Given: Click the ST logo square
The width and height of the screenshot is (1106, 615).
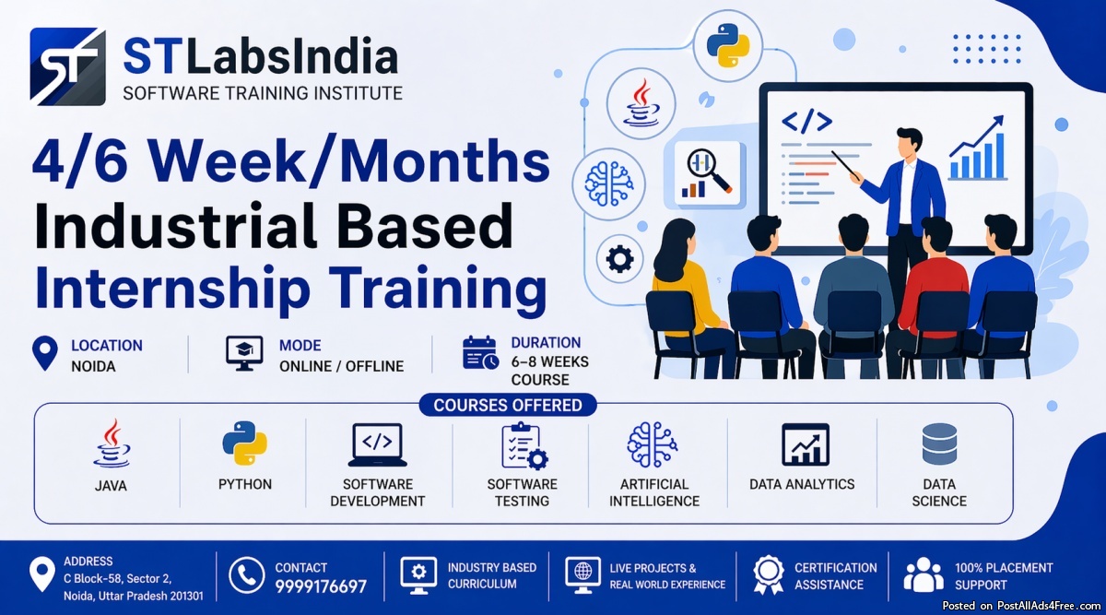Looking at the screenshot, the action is tap(67, 66).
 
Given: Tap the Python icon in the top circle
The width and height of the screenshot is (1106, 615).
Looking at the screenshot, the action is tap(728, 45).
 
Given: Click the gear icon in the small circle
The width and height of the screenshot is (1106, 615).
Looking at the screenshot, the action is tap(619, 259).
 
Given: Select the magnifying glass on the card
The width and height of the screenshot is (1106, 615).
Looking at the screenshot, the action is tap(708, 170).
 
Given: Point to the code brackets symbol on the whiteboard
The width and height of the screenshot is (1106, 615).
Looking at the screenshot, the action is tap(806, 122).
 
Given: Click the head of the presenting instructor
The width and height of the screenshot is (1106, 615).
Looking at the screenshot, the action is tap(910, 143).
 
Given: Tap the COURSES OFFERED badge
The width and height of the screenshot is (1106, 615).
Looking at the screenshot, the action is tap(508, 405).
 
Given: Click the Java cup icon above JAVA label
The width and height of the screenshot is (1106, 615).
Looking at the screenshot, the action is tap(112, 444).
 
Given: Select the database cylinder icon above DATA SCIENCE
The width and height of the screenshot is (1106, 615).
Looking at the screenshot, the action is tap(939, 444).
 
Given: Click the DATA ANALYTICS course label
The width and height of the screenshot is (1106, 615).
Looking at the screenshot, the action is tap(802, 484).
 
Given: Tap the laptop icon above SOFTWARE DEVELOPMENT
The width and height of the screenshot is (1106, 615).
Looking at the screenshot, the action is tap(377, 445).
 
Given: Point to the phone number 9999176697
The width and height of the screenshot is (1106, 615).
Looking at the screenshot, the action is tap(321, 586).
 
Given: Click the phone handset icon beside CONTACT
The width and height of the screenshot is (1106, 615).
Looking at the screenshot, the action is tap(246, 575).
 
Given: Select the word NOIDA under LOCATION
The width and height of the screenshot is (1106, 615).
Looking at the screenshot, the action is tap(93, 367).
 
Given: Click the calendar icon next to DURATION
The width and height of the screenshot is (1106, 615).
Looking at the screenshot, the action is tap(480, 353).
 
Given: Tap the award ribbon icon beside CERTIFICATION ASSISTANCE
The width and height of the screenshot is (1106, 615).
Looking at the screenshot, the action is tap(769, 574).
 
